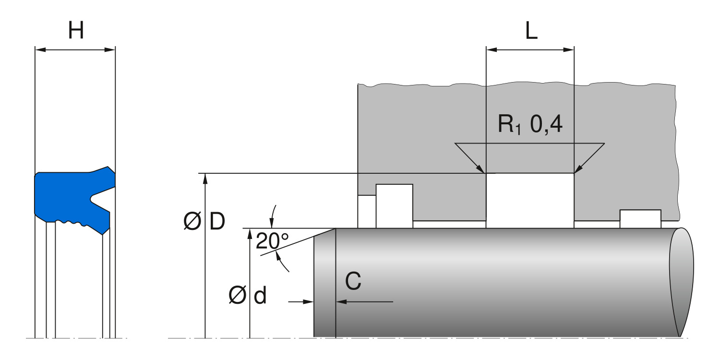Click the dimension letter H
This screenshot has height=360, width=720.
(x=76, y=31)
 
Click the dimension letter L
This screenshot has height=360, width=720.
(x=531, y=32)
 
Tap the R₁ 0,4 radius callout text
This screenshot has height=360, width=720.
(x=530, y=125)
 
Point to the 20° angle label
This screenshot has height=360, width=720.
(x=272, y=240)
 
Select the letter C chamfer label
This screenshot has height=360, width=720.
(x=353, y=282)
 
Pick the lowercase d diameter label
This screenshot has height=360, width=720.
(x=260, y=297)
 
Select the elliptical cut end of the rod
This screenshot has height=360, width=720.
(x=682, y=282)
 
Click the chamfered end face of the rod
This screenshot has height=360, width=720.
(x=324, y=283)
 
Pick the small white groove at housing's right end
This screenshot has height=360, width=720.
(x=640, y=219)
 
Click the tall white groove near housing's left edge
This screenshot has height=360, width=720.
(x=394, y=205)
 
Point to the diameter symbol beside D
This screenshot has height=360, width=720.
(x=192, y=222)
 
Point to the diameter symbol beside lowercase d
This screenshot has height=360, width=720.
(x=238, y=297)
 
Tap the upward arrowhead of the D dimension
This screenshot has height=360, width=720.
(x=205, y=178)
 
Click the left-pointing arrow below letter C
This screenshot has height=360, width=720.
(x=342, y=301)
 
